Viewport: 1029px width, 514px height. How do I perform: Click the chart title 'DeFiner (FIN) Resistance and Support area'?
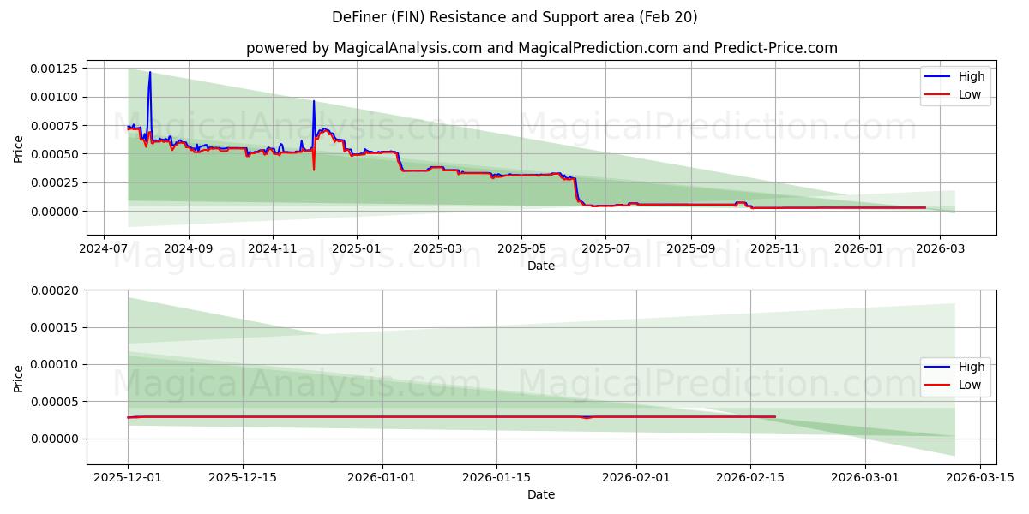514,17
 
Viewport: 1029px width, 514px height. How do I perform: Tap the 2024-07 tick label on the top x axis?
104,249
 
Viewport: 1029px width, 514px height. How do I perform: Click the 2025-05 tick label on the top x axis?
521,249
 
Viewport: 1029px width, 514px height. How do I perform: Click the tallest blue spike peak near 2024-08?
150,73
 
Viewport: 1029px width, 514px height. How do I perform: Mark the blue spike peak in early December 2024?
314,101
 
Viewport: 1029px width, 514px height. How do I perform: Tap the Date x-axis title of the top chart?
541,266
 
